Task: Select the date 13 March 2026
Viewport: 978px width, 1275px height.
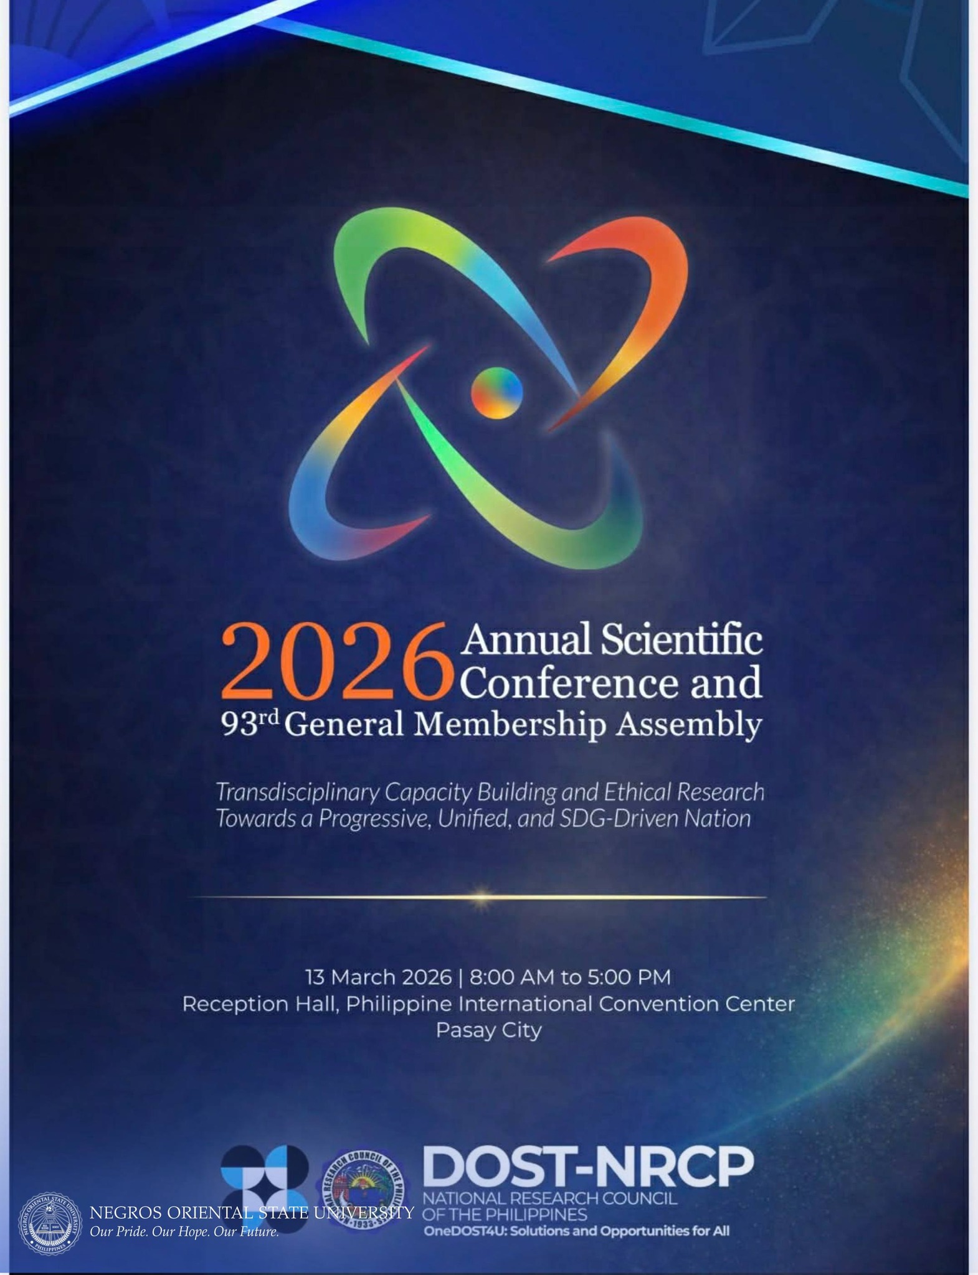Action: [377, 977]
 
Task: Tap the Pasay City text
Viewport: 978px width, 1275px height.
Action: [488, 1030]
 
